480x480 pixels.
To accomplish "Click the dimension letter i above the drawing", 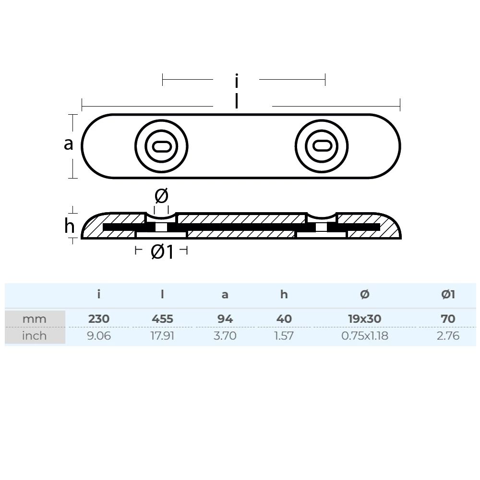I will point(236,81).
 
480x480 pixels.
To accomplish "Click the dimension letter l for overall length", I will point(237,101).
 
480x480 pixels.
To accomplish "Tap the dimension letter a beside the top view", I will point(69,143).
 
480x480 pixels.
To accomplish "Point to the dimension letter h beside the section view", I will point(70,226).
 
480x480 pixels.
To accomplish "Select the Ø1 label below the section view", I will point(162,252).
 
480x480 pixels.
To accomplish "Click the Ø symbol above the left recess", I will point(161,196).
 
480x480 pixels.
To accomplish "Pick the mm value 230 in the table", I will point(98,318).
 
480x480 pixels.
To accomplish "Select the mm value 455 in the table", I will point(162,318).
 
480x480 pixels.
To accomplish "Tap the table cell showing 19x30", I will point(364,318).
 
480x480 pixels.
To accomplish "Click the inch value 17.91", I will point(162,336).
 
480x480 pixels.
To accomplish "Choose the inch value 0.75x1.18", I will point(364,336).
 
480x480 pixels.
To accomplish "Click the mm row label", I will point(35,319).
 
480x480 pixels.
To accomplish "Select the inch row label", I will point(35,336).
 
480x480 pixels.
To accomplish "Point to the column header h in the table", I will point(284,294).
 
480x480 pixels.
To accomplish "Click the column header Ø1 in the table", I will point(448,294).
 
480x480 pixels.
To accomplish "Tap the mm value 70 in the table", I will point(448,318).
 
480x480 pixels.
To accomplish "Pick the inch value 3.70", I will point(225,336).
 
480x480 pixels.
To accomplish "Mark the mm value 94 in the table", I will point(225,318).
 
